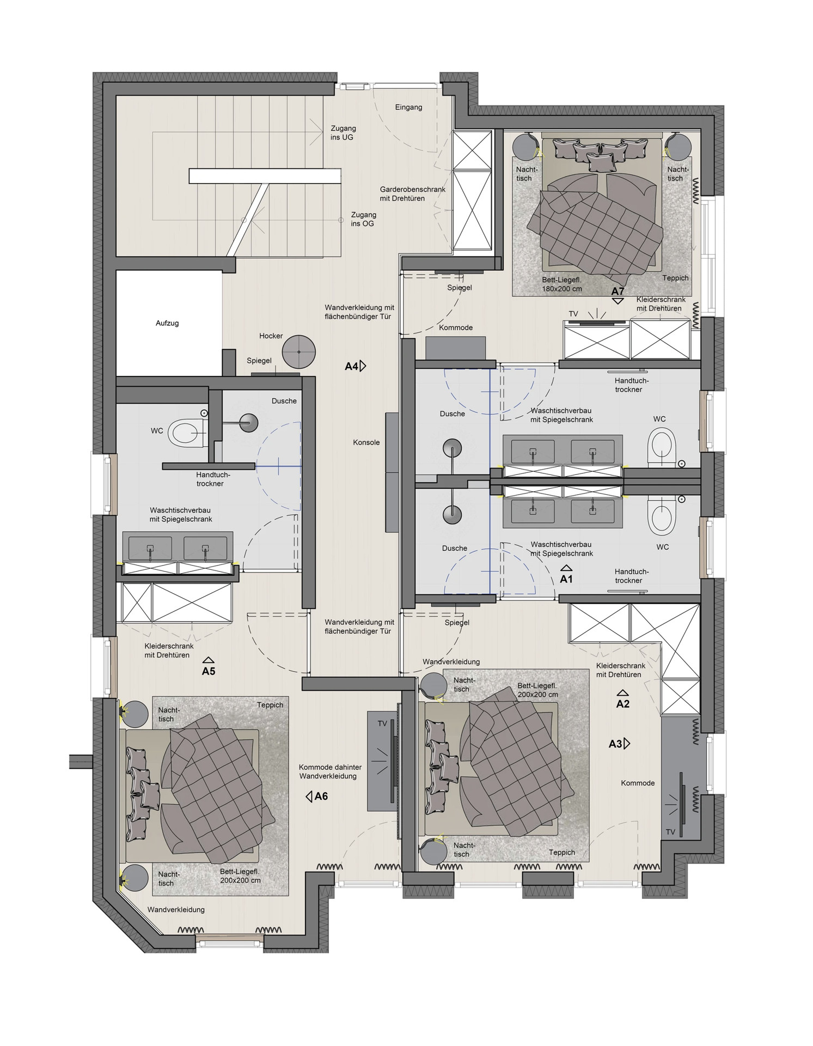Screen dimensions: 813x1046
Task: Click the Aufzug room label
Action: (167, 323)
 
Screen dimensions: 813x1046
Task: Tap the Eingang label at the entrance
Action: (408, 107)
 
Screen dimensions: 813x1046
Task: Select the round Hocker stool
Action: (299, 351)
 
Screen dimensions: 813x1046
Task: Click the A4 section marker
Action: (356, 366)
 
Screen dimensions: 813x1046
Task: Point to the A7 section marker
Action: (618, 295)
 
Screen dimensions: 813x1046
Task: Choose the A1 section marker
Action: (566, 575)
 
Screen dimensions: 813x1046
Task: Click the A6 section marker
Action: (317, 796)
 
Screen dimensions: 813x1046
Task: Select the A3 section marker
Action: (619, 744)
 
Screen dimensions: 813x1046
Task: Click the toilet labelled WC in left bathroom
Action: (186, 434)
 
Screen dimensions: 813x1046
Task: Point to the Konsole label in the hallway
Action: (366, 442)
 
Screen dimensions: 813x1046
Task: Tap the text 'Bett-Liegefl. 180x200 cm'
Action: (562, 284)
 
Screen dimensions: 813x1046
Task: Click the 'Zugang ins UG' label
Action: (343, 133)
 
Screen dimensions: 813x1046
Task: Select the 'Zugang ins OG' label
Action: (363, 219)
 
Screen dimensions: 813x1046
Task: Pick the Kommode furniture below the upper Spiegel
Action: (455, 348)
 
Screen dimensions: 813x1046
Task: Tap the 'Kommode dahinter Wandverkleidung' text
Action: (330, 771)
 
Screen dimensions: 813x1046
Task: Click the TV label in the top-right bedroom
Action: (573, 314)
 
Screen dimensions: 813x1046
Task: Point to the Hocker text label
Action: (271, 336)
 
